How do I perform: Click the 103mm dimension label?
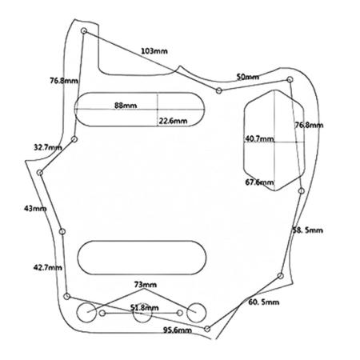154,50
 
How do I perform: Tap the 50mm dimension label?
247,77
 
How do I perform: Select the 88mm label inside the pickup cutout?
126,106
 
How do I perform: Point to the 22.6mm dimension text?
173,121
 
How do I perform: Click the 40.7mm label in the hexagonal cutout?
259,139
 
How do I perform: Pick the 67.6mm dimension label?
259,182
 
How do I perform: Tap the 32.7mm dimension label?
48,147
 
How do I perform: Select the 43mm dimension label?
35,208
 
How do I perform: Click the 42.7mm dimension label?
48,267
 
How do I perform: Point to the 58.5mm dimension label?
307,230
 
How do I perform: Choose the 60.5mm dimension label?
264,302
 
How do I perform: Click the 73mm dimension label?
146,285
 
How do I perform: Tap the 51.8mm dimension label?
144,308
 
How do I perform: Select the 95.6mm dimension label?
178,330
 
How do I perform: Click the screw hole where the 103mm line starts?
84,31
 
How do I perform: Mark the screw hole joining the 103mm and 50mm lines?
218,90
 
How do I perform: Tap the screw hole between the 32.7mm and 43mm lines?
40,173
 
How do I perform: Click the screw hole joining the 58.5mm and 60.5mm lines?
280,276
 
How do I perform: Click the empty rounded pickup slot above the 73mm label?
142,241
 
